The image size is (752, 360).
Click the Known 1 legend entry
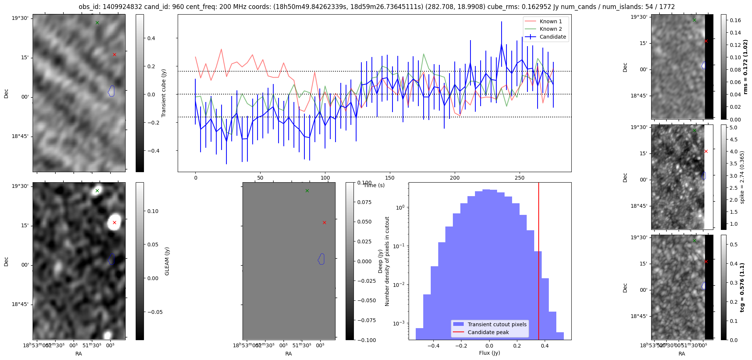tap(550, 21)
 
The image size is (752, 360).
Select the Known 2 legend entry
tap(550, 29)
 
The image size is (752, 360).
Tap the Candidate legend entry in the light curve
tap(553, 37)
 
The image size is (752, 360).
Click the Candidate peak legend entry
tap(488, 332)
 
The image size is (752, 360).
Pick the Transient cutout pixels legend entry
tap(497, 324)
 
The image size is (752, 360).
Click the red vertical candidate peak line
tap(539, 262)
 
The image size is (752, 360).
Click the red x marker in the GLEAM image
tap(114, 223)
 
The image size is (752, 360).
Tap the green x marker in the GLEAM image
tap(97, 191)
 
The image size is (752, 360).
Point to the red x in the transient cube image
tap(114, 55)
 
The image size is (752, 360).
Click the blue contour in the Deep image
tap(321, 259)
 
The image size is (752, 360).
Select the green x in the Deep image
tap(307, 191)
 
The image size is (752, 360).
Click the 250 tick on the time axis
tap(520, 178)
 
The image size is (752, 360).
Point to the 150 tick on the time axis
tap(390, 178)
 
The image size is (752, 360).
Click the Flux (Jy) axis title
tap(490, 353)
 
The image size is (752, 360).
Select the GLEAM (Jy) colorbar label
tap(167, 261)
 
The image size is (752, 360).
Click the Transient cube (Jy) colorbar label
tap(163, 93)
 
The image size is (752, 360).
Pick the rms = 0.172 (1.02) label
tap(745, 67)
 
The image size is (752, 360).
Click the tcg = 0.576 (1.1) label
tap(742, 287)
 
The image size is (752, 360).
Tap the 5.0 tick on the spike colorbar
tap(734, 127)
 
